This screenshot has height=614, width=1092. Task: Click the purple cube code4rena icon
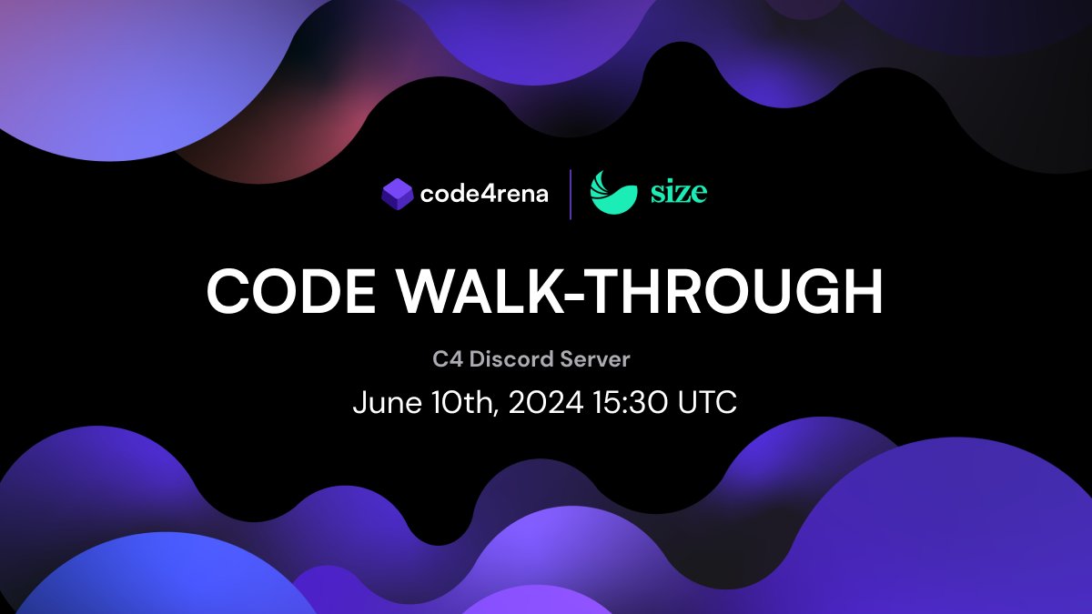click(398, 193)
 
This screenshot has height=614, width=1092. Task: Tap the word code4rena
click(484, 194)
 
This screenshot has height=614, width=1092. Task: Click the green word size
click(678, 192)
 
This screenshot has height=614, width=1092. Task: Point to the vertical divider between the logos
click(571, 194)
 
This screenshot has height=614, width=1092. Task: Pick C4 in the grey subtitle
click(445, 359)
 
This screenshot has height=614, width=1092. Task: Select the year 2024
click(546, 403)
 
